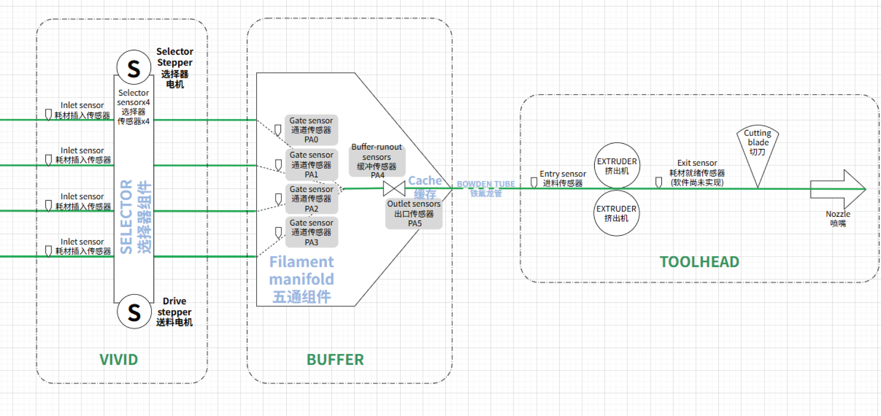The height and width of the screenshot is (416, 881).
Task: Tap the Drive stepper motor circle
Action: click(x=134, y=311)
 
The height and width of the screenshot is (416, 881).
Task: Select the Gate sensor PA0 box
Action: click(x=311, y=130)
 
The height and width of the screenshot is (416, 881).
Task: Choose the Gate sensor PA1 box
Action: click(x=311, y=165)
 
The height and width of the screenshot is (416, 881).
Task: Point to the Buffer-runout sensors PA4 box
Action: click(x=377, y=161)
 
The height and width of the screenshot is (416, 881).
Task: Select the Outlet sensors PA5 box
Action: click(x=414, y=213)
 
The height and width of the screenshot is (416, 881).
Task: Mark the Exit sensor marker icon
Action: click(x=658, y=182)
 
